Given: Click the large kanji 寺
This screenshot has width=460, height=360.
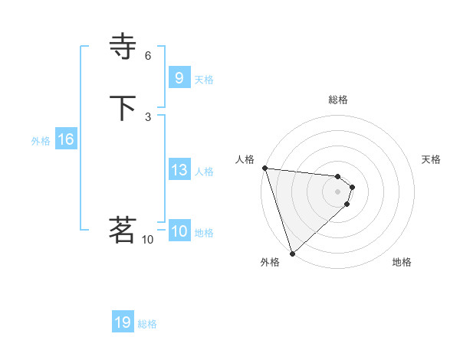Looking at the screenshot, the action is tap(123, 47).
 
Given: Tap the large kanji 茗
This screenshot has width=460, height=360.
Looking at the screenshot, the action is tap(123, 230).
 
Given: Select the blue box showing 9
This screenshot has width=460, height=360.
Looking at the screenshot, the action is tap(179, 77).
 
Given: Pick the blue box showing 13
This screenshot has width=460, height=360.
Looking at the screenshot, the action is tap(179, 170).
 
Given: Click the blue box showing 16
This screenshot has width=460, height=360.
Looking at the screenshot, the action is tap(66, 139).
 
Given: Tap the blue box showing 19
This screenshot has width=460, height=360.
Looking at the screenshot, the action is tap(123, 322).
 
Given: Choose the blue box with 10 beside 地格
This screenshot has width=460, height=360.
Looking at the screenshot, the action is tap(179, 231).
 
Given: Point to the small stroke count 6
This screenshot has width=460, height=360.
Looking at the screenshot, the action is tap(148, 55).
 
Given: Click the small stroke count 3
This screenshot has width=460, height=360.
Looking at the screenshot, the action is tap(148, 116).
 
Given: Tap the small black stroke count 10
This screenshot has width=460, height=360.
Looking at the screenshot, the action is tap(148, 239).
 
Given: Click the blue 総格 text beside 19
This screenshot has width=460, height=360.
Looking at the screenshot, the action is tap(147, 324).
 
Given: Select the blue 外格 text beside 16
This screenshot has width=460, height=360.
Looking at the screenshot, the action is tap(41, 141).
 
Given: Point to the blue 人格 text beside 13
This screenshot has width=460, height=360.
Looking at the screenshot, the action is tap(205, 172).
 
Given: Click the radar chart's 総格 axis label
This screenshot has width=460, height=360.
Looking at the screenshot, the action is tap(338, 100).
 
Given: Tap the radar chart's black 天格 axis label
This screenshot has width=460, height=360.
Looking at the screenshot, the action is tap(432, 159).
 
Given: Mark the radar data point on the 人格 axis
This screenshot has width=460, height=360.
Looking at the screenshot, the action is tap(264, 168).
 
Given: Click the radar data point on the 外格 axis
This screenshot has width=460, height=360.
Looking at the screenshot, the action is tap(292, 253).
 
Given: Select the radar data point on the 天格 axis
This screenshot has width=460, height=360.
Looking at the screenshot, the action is tap(352, 186).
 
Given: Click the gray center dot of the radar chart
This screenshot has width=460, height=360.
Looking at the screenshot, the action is tap(338, 191).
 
